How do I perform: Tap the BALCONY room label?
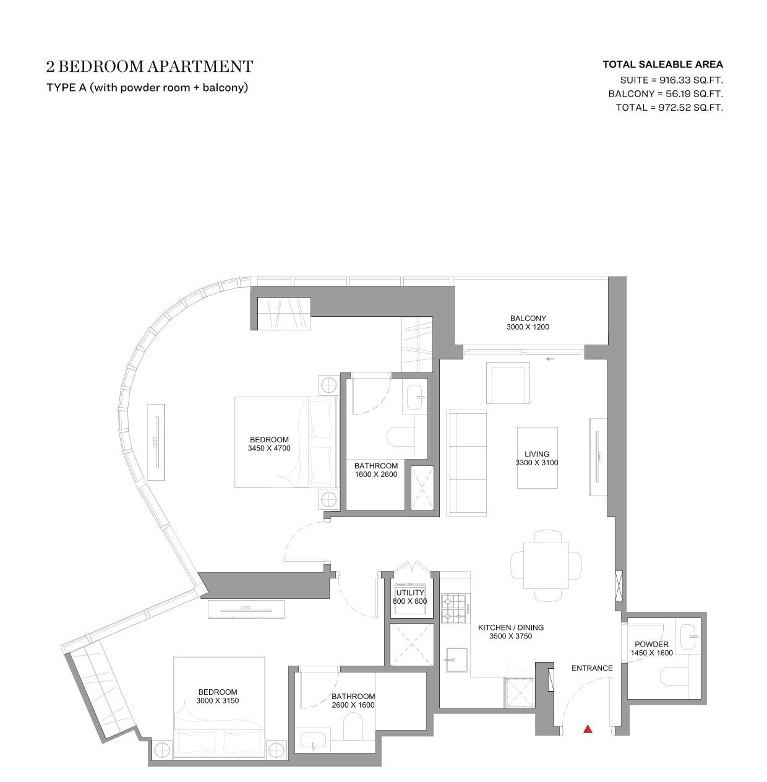pyautogui.click(x=528, y=319)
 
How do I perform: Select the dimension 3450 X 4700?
pyautogui.click(x=269, y=449)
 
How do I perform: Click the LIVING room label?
pyautogui.click(x=537, y=454)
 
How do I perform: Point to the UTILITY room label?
pyautogui.click(x=410, y=593)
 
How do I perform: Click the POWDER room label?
pyautogui.click(x=651, y=644)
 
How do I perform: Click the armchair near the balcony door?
pyautogui.click(x=508, y=383)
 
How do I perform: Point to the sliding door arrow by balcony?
pyautogui.click(x=550, y=359)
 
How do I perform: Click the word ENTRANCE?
pyautogui.click(x=592, y=668)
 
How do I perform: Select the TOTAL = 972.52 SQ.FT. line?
pyautogui.click(x=669, y=108)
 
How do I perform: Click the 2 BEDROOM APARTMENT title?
pyautogui.click(x=150, y=67)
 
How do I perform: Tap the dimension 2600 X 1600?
pyautogui.click(x=353, y=705)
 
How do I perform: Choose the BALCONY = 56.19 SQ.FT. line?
pyautogui.click(x=666, y=94)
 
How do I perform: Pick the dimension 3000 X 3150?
pyautogui.click(x=218, y=701)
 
